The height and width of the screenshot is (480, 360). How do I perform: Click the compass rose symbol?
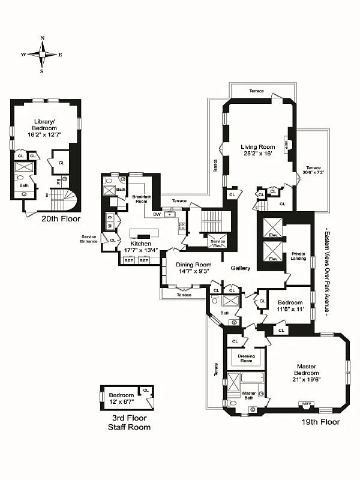(42, 54)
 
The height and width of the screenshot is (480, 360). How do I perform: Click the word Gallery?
(240, 268)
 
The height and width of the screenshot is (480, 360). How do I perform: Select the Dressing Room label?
(245, 359)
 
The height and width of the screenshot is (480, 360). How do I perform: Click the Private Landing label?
(298, 257)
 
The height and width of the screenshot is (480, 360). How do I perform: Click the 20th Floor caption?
(61, 219)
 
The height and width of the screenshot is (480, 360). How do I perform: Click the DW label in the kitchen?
(157, 214)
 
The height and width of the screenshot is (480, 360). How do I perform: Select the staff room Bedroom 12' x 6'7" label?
(121, 398)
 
